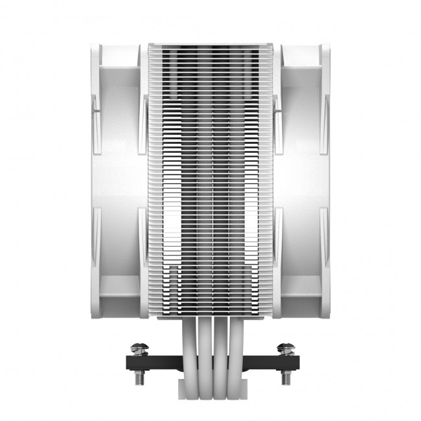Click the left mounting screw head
138,348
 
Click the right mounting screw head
283,348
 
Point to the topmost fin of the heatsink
210,47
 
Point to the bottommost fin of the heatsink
210,315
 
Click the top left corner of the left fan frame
94,47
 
